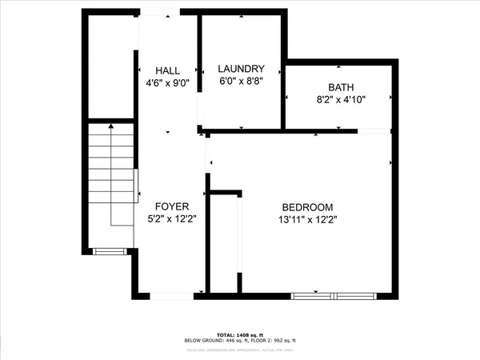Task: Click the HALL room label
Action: tap(167, 70)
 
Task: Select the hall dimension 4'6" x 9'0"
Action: tap(167, 82)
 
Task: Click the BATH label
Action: tap(340, 88)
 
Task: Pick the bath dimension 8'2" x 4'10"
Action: tap(340, 100)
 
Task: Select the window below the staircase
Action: tap(106, 252)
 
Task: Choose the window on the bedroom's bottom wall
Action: tap(334, 296)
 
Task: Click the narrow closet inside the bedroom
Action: tap(223, 244)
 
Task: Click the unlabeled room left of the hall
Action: tap(108, 68)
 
